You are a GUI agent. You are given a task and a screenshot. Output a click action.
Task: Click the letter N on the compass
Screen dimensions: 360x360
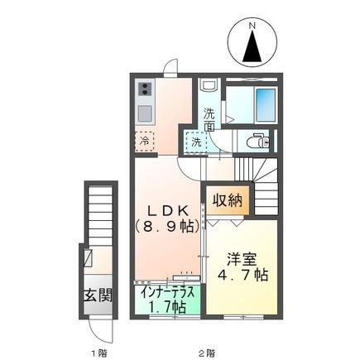click(x=252, y=26)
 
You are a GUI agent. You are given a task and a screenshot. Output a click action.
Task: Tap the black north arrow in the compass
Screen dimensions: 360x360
click(x=252, y=46)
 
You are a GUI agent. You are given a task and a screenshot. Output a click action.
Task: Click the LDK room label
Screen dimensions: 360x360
click(x=168, y=211)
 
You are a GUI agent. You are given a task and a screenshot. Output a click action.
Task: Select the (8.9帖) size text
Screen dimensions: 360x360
click(x=168, y=227)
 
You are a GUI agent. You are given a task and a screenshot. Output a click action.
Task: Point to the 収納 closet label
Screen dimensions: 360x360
click(x=228, y=200)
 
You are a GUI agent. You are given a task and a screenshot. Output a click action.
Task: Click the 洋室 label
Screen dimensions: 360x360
click(x=242, y=260)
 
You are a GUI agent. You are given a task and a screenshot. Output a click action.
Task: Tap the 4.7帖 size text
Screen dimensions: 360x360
click(x=242, y=275)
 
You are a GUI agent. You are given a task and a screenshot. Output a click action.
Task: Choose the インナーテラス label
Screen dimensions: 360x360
click(x=167, y=293)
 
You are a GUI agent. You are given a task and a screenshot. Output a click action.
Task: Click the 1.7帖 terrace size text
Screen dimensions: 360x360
click(x=167, y=306)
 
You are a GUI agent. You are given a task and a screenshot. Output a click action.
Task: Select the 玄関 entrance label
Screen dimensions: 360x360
click(x=98, y=295)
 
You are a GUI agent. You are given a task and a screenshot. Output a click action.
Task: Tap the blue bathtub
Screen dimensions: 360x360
click(x=266, y=105)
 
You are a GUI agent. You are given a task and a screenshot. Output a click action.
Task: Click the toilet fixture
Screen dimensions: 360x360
click(x=258, y=142)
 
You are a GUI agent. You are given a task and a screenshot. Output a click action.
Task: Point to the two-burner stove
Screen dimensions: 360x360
click(x=146, y=89)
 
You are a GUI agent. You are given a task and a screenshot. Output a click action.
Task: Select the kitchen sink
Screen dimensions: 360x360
click(x=145, y=113)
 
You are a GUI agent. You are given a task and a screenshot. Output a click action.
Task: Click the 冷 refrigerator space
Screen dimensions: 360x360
click(x=144, y=142)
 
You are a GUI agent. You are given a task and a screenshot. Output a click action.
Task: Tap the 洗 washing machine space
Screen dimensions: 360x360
click(x=196, y=142)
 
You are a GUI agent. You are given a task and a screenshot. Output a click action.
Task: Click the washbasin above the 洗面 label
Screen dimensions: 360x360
click(x=209, y=85)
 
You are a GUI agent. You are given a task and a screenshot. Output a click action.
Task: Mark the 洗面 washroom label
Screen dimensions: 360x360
click(x=209, y=120)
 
